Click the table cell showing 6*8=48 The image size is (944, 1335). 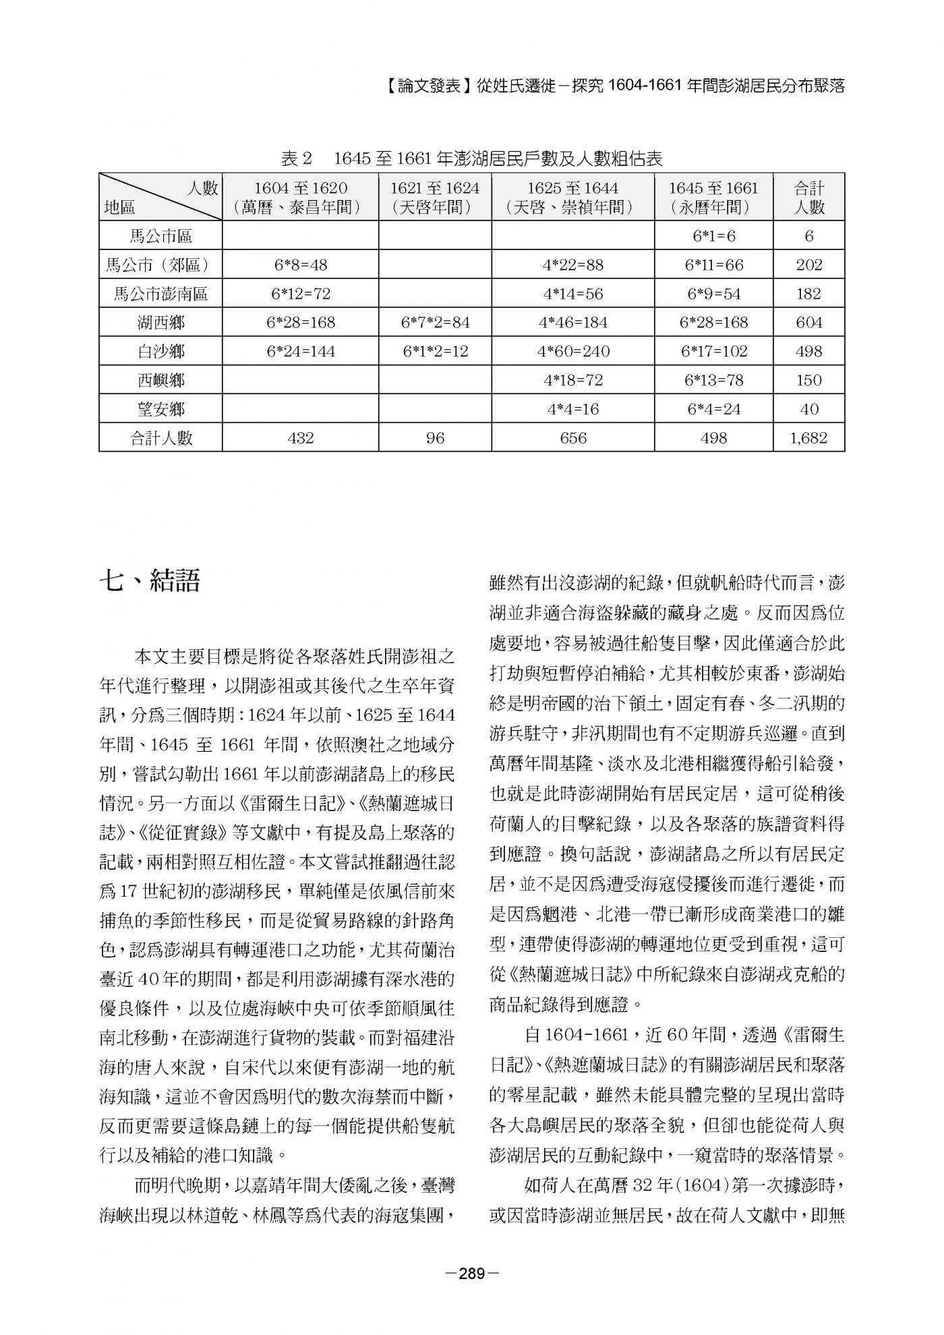point(300,265)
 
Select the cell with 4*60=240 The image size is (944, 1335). point(572,351)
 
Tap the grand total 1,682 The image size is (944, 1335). point(808,438)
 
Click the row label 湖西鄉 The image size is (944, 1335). point(160,322)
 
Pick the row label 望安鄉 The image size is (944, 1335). point(160,409)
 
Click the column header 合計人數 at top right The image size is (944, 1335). point(808,197)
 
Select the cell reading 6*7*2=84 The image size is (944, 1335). point(435,322)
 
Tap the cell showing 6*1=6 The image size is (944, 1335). point(713,236)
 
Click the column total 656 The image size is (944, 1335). point(572,438)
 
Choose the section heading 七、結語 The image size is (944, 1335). point(150,581)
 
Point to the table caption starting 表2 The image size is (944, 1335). point(471,159)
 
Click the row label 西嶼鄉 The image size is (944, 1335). point(160,380)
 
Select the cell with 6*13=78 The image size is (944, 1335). point(713,380)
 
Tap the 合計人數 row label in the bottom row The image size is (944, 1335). point(160,438)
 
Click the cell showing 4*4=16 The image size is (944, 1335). point(572,409)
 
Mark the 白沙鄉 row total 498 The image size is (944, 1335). point(808,351)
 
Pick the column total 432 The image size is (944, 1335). point(300,438)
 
